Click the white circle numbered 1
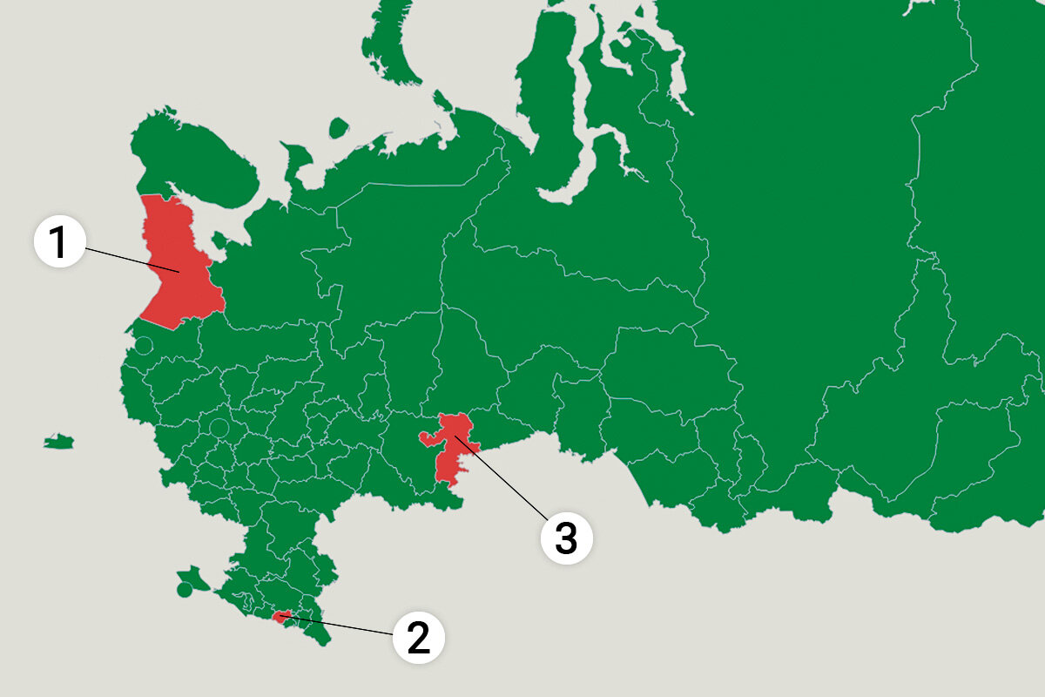point(58,242)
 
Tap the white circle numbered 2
point(418,639)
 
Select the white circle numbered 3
point(566,538)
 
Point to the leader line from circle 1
point(131,260)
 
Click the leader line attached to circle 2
point(340,625)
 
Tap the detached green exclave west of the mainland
point(59,443)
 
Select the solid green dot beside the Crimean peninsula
point(184,590)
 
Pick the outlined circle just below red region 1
point(144,345)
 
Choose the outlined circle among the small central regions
point(219,428)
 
